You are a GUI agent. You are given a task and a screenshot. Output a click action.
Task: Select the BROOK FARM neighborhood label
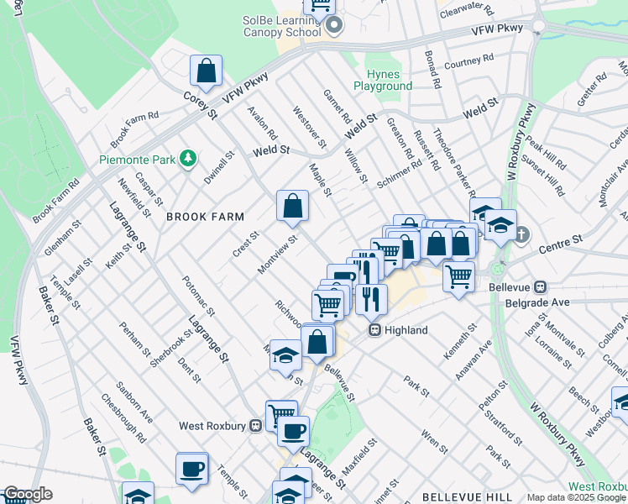click(205, 217)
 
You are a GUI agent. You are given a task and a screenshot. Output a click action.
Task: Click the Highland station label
click(406, 331)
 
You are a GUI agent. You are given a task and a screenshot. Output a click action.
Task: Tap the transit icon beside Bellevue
click(541, 286)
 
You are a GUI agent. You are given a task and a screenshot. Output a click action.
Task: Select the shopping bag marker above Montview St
click(292, 206)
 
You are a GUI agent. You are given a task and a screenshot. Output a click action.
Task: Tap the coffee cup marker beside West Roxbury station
click(293, 433)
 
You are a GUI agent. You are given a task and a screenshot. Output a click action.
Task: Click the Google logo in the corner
click(28, 494)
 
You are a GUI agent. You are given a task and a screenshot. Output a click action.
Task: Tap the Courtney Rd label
click(468, 62)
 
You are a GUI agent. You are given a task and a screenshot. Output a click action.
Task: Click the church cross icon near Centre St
click(521, 233)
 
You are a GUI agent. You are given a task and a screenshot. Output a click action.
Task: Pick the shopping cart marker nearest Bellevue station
click(458, 276)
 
